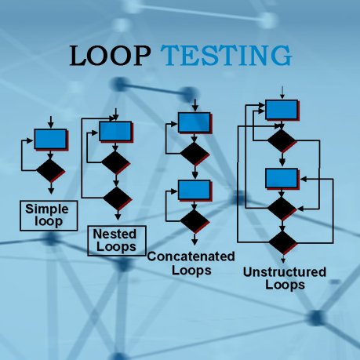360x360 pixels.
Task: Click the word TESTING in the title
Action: tap(227, 56)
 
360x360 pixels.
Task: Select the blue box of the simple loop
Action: tap(50, 139)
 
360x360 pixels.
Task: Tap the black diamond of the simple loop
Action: tap(51, 169)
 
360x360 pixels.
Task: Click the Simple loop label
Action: tap(46, 215)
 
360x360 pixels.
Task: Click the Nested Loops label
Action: tap(115, 240)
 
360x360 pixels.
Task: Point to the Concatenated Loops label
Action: tap(191, 264)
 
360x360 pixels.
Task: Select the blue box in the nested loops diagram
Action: tap(115, 130)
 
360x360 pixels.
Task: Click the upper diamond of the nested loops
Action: tap(115, 162)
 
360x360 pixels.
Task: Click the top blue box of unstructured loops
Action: tap(279, 109)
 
